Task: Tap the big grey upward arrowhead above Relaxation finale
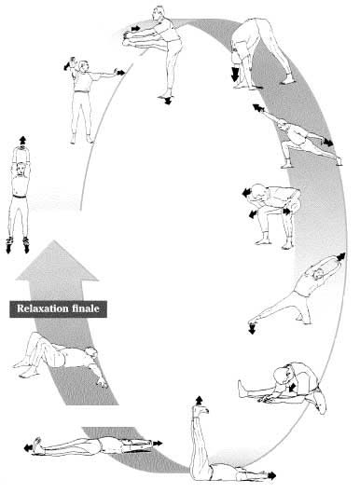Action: coord(57,260)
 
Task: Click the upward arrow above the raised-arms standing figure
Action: coord(22,140)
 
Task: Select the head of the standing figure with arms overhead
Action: coord(21,169)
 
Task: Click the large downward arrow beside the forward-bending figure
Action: coord(235,74)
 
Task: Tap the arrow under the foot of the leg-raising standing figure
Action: coord(168,101)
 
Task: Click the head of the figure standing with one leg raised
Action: coord(159,14)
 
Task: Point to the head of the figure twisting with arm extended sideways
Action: coord(83,66)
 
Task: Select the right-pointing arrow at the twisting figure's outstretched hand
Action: coord(121,73)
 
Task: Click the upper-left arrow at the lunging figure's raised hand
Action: coord(258,108)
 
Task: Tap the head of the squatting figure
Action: coord(259,192)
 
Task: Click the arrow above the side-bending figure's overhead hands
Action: coord(340,256)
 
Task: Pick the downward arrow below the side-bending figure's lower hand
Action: coord(252,329)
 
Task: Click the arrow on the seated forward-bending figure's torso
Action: coord(292,387)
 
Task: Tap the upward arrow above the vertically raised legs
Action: coord(199,401)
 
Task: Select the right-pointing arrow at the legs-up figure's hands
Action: coord(271,475)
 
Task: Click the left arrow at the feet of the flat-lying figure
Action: coord(28,448)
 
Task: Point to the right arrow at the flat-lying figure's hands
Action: coord(158,444)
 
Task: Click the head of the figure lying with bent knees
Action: coord(92,353)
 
